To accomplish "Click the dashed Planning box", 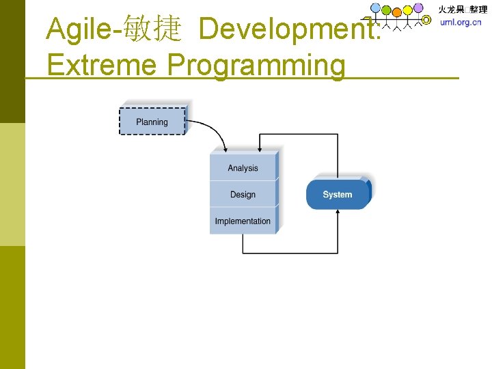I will coord(152,122).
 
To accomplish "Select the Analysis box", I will coord(243,168).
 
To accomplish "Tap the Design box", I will coord(243,195).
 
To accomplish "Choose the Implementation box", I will coord(243,221).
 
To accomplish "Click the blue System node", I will coord(338,195).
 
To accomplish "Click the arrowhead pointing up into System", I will coord(338,214).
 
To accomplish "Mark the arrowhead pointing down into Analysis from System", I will coord(258,149).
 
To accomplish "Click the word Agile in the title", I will coord(74,29).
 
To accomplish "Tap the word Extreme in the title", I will coord(102,66).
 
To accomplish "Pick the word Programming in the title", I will coord(257,66).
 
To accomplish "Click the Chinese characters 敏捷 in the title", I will coord(155,29).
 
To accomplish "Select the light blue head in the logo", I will coord(376,8).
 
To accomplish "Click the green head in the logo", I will coord(387,11).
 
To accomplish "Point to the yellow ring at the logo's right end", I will coord(427,20).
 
